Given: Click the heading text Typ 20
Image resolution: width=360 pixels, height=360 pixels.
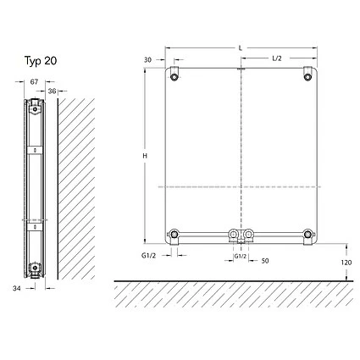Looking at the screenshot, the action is [41, 61].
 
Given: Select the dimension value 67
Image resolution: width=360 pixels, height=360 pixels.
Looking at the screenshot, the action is [34, 82].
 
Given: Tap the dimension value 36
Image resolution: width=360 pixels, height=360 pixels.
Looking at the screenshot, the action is [52, 91].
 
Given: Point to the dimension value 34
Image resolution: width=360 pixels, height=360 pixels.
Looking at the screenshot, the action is [17, 289].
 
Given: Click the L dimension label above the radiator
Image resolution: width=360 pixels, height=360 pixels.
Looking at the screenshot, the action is [241, 48].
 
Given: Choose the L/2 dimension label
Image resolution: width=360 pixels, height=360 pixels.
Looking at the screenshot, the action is [277, 58].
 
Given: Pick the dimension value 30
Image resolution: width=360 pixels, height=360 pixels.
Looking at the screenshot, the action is [148, 60].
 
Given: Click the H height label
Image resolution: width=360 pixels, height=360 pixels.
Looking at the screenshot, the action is [145, 156].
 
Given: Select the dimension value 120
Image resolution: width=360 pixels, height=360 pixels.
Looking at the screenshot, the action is [346, 263].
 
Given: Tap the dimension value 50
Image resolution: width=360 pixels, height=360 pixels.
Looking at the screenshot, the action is [265, 261].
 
